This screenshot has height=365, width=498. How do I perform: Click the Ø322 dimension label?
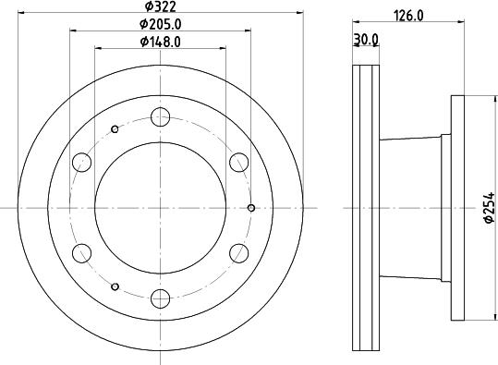tap(160, 6)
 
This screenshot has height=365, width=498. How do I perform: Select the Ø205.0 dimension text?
tap(161, 24)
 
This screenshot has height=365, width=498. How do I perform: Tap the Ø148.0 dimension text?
tap(161, 42)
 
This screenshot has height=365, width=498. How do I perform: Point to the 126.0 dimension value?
tap(408, 16)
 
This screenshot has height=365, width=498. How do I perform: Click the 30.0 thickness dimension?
tap(366, 40)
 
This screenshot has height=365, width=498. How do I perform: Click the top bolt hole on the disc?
tap(161, 117)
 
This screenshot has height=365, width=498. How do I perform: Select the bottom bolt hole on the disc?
tap(161, 298)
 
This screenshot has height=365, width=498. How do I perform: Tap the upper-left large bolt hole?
tap(82, 163)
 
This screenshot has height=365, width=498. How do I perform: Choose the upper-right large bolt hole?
tap(238, 163)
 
